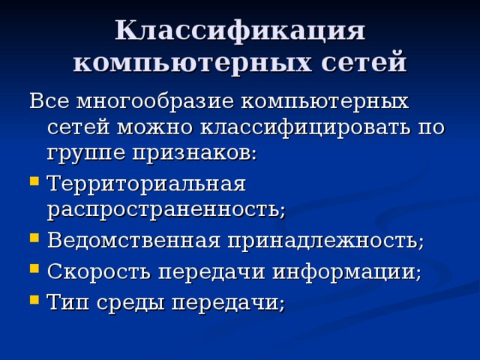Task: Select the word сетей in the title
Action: (x=359, y=61)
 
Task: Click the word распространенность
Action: (x=165, y=209)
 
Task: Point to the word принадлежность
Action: (x=325, y=241)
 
